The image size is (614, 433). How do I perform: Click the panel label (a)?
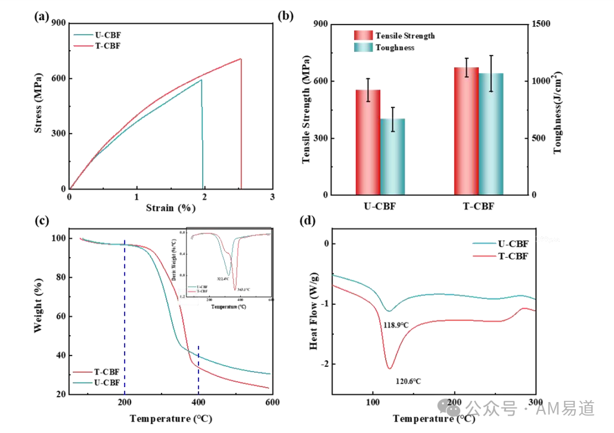click(x=42, y=17)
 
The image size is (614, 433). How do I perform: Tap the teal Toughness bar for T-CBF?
click(x=491, y=134)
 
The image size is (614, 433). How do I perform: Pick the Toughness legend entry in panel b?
click(x=395, y=48)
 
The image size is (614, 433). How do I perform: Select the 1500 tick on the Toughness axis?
click(x=541, y=24)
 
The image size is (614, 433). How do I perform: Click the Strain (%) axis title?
click(x=170, y=208)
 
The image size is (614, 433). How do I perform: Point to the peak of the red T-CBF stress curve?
click(x=241, y=58)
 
